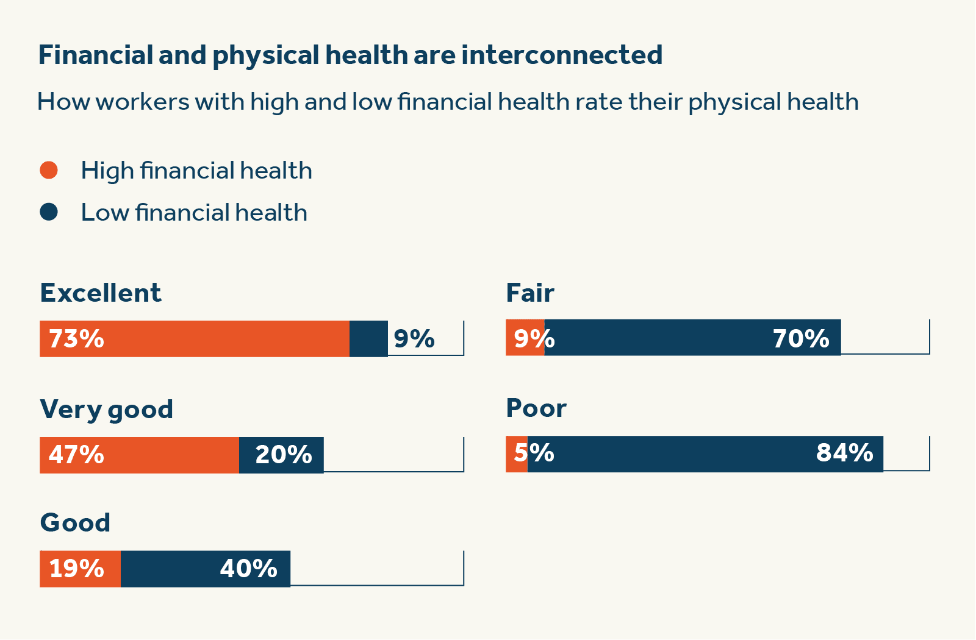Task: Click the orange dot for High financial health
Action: coord(49,170)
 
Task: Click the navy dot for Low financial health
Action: coord(49,212)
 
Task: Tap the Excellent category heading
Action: coord(101,293)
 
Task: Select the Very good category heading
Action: coord(107,410)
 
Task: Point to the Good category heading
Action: coord(75,523)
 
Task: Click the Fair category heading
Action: coord(530,293)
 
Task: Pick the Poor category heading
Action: coord(536,408)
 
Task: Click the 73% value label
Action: coord(76,339)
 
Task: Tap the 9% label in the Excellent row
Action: coord(414,339)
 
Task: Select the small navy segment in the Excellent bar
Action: coord(368,339)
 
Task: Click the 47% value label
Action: coord(76,455)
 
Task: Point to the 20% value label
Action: coord(284,455)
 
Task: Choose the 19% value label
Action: coord(76,569)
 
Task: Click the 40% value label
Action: coord(249,569)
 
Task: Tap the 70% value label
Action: coord(801,339)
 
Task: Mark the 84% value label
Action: coord(845,453)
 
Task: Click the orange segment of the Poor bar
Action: coord(517,454)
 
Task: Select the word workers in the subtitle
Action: coord(142,102)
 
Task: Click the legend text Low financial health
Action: coord(194,213)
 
